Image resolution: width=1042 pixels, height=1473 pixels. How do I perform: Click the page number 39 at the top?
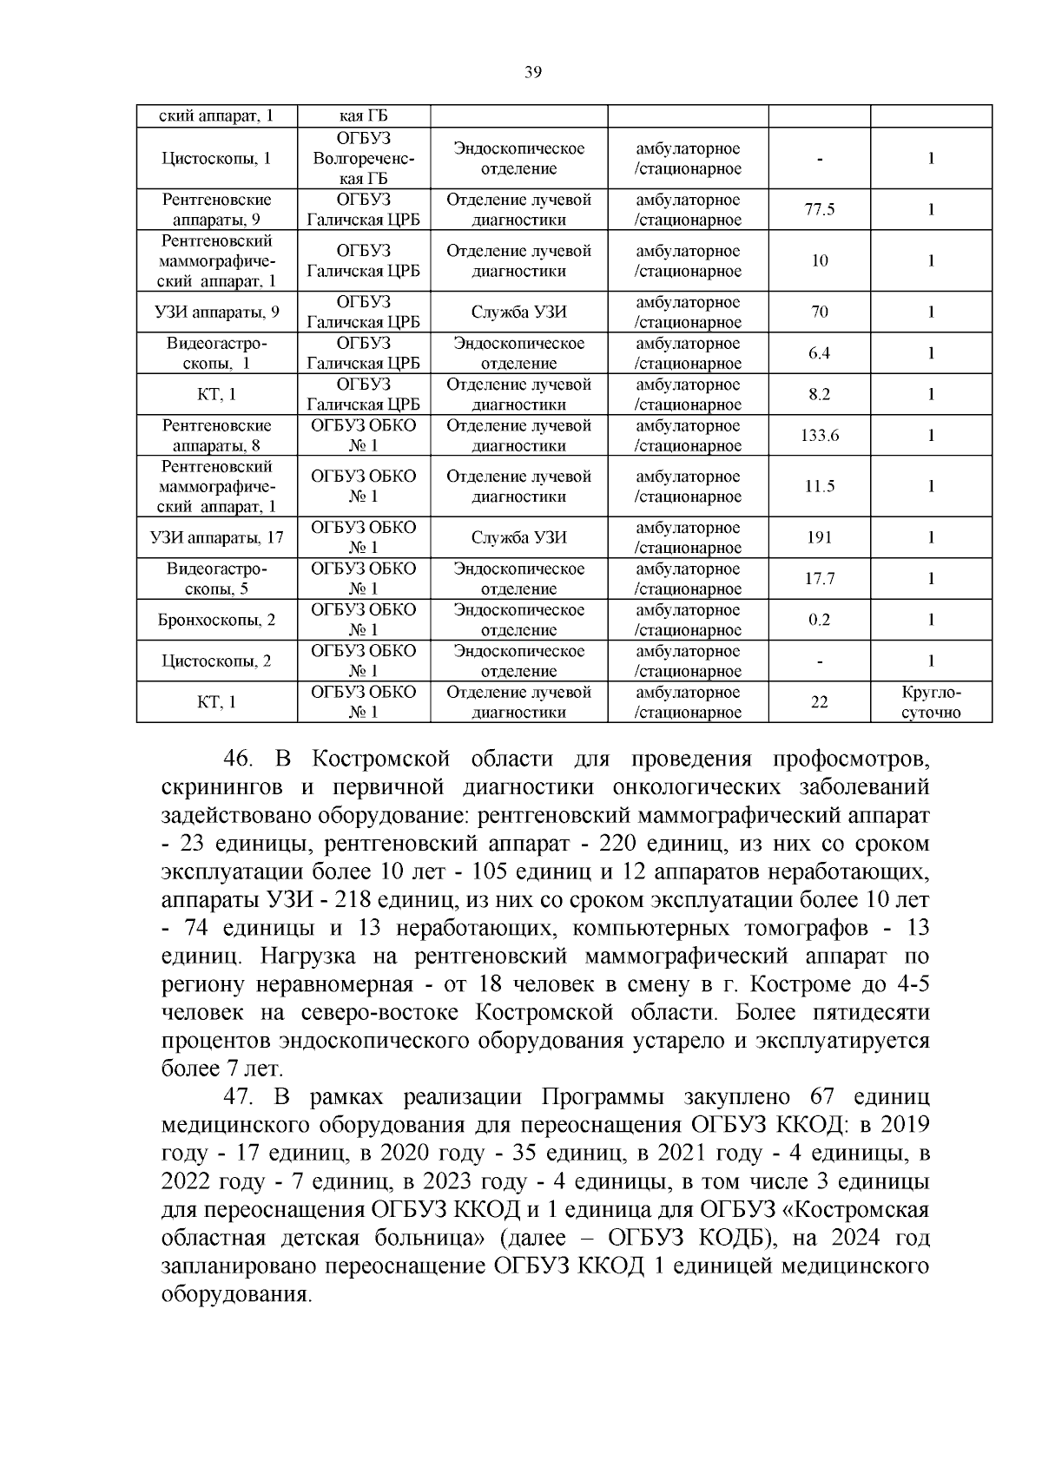coord(533,73)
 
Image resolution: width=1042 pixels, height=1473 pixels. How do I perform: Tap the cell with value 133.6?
coord(819,436)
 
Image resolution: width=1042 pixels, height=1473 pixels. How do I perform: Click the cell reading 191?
coord(819,538)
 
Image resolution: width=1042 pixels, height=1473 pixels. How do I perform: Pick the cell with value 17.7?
coord(819,579)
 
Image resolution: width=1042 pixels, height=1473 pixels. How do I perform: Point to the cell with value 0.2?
coord(819,620)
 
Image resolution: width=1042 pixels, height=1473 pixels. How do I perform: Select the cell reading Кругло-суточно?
coord(931,702)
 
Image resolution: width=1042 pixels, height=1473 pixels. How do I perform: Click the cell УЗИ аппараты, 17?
coord(216,538)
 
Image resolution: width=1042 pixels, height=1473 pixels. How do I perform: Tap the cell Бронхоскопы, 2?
coord(216,620)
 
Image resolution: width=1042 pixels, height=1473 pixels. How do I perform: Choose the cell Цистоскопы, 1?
coord(216,158)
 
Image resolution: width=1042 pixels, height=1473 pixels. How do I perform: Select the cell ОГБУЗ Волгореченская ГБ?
coord(363,158)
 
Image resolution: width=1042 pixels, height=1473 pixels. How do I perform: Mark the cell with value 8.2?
coord(819,395)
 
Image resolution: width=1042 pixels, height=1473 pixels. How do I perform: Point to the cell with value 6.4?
coord(819,353)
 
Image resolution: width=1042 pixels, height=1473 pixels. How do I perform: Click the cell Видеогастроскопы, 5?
coord(216,579)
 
